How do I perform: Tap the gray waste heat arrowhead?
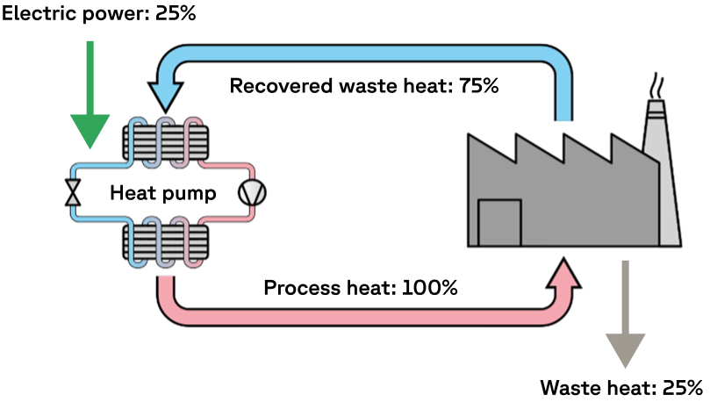click(x=625, y=347)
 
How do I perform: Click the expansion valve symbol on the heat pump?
click(x=73, y=192)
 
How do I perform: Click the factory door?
click(x=499, y=223)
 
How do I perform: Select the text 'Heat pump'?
click(x=162, y=193)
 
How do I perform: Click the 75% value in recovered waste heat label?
click(x=478, y=86)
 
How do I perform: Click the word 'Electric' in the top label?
click(x=37, y=15)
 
